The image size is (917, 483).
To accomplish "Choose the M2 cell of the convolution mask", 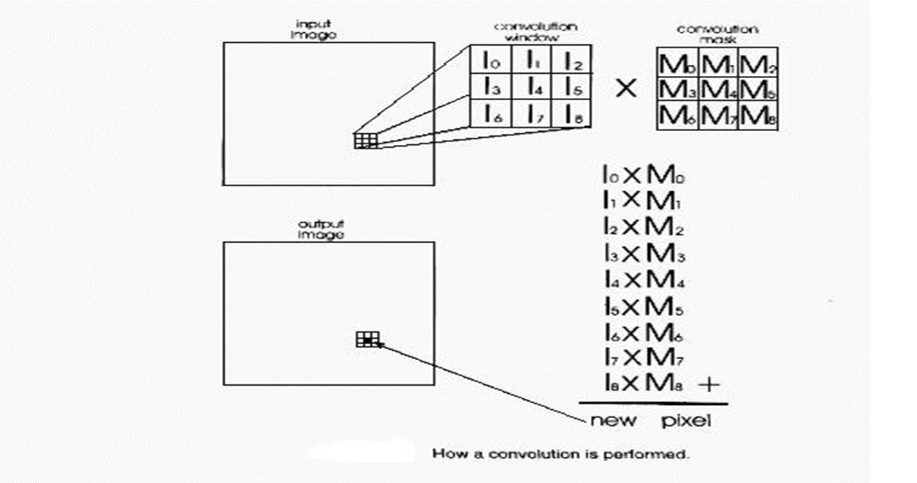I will click(x=758, y=63).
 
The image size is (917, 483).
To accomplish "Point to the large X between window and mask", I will click(x=625, y=89).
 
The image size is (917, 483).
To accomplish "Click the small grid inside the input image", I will click(x=366, y=141).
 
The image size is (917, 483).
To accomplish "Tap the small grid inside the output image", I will click(x=368, y=339).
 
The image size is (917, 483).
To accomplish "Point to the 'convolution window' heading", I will click(x=535, y=31).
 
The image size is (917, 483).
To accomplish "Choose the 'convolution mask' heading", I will click(x=717, y=33).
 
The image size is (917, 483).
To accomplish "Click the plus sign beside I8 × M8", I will click(x=709, y=384).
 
